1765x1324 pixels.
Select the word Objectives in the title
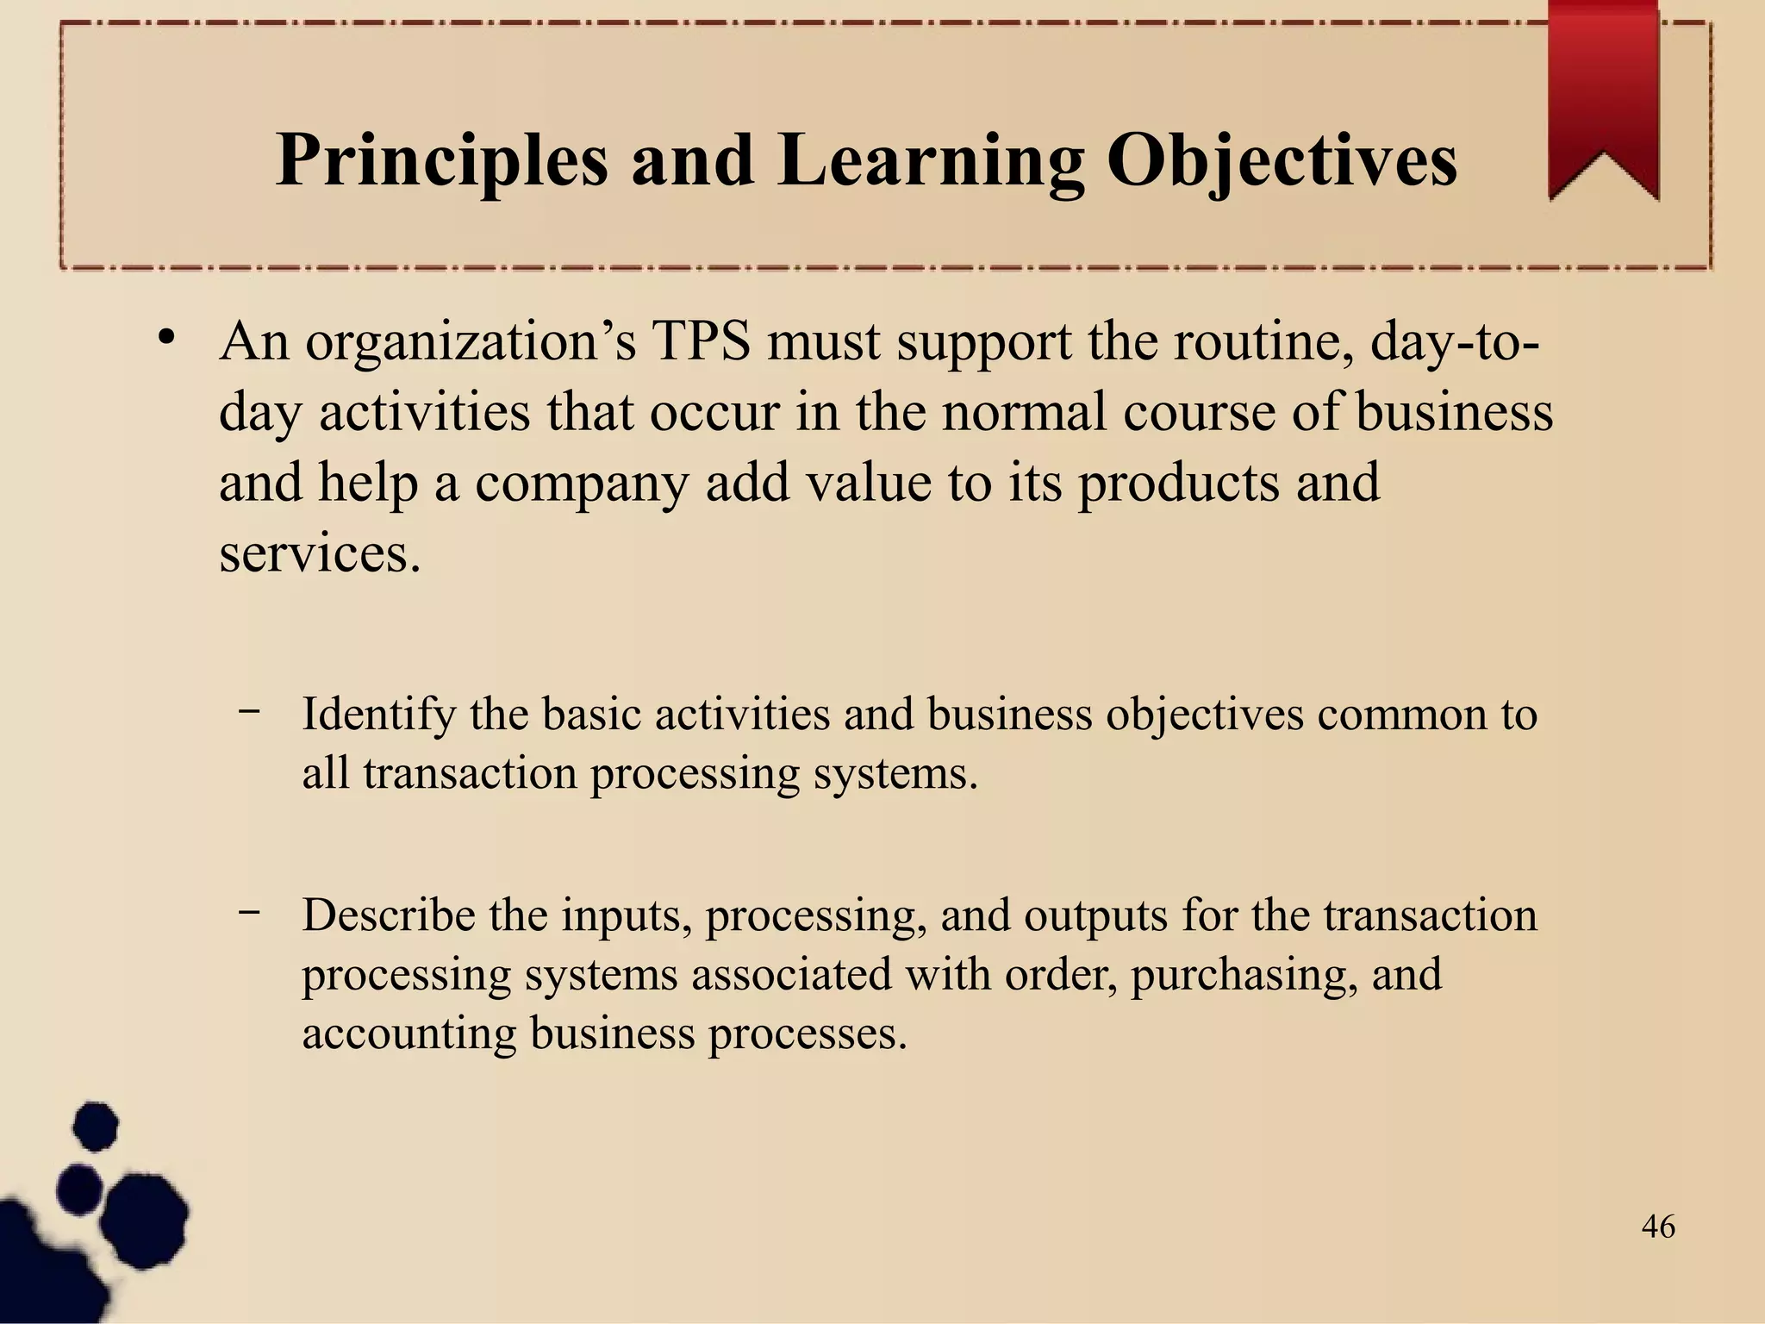click(x=1282, y=161)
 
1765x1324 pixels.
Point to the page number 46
click(x=1658, y=1227)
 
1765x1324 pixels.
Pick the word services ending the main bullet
click(x=320, y=553)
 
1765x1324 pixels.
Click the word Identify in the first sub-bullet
click(x=378, y=715)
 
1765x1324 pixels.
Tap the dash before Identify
click(x=250, y=711)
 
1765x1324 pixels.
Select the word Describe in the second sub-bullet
click(x=389, y=915)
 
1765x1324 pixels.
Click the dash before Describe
click(x=250, y=911)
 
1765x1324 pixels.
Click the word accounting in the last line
click(x=409, y=1034)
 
